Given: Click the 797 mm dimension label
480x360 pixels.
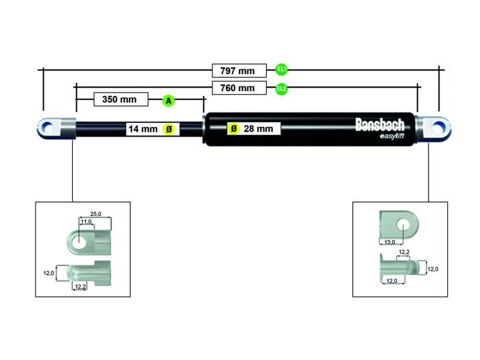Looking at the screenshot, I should point(238,70).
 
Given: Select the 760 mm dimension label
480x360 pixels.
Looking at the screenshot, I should point(238,88).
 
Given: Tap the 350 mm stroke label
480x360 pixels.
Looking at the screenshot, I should point(119,99).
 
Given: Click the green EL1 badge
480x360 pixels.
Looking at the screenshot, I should point(281,69).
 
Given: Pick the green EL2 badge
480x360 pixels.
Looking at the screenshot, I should point(281,88).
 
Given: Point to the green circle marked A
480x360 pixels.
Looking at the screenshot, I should point(169,101).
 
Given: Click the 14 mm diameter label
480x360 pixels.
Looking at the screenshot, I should point(143,128).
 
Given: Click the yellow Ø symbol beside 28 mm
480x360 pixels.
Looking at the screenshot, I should point(234,128).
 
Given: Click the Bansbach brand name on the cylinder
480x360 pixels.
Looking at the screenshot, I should point(379,124).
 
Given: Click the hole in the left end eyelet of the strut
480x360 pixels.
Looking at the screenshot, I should point(48,128).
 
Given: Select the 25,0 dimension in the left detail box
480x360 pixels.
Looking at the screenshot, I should point(95,214).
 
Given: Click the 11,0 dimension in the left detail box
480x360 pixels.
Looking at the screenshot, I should point(85,221).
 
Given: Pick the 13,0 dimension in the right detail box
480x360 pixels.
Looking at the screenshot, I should point(389,241).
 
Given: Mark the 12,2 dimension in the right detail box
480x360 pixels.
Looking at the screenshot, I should point(403,253).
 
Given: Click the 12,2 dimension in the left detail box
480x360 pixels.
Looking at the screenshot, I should point(80,287).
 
